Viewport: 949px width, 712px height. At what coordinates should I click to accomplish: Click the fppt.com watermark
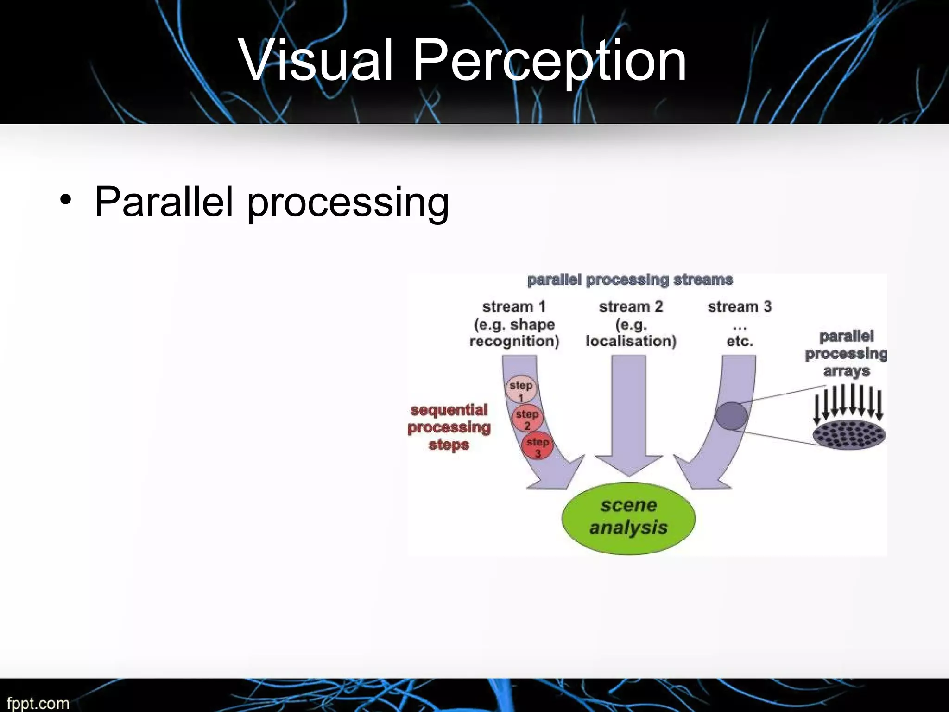pyautogui.click(x=38, y=703)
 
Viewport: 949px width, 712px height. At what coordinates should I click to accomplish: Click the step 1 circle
pyautogui.click(x=521, y=388)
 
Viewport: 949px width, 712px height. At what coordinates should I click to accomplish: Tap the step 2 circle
pyautogui.click(x=527, y=418)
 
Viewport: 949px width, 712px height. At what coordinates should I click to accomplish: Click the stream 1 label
pyautogui.click(x=514, y=306)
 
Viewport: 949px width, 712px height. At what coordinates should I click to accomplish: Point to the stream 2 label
pyautogui.click(x=631, y=306)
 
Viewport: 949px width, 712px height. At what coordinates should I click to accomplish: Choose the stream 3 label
pyautogui.click(x=740, y=306)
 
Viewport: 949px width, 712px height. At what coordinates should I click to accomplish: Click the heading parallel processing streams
pyautogui.click(x=630, y=280)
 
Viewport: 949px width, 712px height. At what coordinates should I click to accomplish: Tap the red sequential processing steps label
pyautogui.click(x=449, y=427)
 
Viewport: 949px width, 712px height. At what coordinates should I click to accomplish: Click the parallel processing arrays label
pyautogui.click(x=846, y=353)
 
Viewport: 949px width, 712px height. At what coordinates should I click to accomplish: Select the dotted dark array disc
pyautogui.click(x=849, y=435)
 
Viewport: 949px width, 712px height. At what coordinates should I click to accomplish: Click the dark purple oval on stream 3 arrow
pyautogui.click(x=731, y=415)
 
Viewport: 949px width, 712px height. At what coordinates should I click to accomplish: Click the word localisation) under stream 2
pyautogui.click(x=631, y=341)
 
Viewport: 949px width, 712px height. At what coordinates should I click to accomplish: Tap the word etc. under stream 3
pyautogui.click(x=740, y=342)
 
